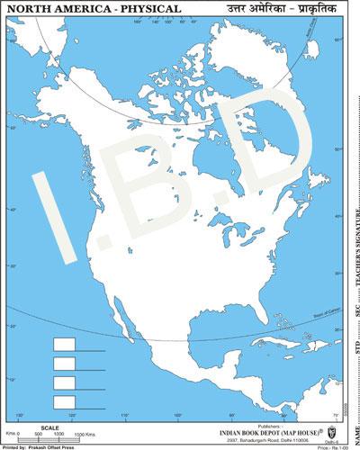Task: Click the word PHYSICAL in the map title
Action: coord(143,9)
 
